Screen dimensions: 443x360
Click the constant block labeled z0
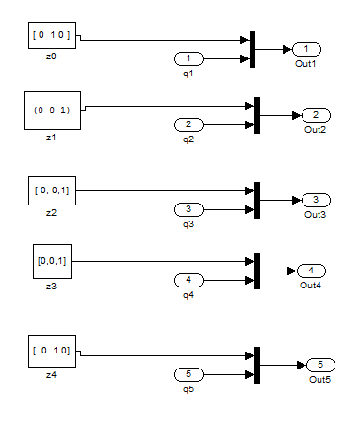tap(51, 37)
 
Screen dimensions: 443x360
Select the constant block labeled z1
tap(51, 110)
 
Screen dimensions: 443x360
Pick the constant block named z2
tap(51, 190)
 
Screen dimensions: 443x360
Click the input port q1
tap(188, 58)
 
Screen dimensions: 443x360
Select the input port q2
tap(188, 124)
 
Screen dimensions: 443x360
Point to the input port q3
tap(188, 209)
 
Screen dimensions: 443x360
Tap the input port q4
tap(188, 280)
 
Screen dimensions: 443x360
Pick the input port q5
tap(188, 374)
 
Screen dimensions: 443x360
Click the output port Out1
tap(308, 49)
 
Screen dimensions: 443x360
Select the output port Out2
tap(315, 115)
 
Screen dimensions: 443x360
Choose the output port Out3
tap(315, 200)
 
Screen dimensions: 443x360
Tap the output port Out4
tap(311, 271)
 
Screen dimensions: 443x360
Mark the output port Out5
tap(320, 365)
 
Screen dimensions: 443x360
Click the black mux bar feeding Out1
tap(253, 49)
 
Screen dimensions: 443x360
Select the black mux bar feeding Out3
tap(257, 200)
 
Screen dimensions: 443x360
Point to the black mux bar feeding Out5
tap(256, 365)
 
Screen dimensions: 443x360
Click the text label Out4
tap(311, 285)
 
